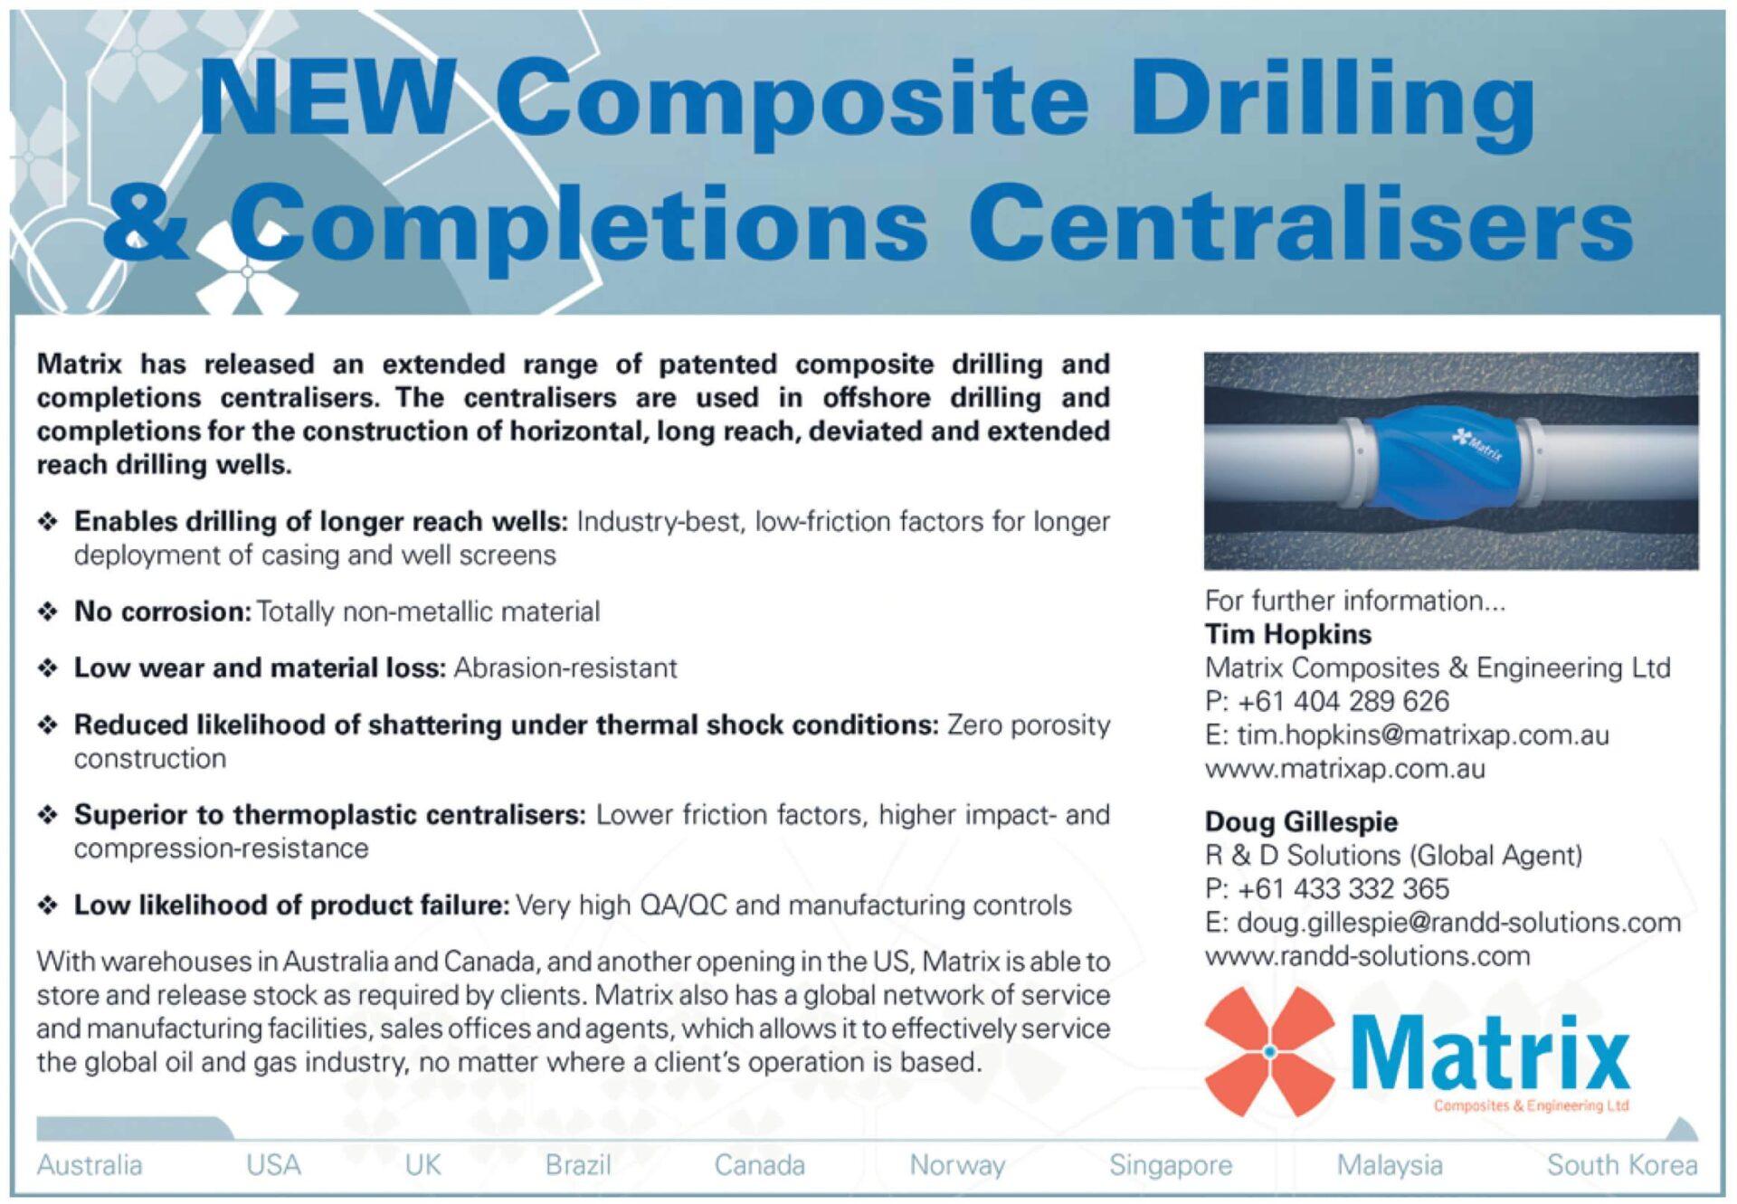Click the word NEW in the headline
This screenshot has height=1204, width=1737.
[325, 96]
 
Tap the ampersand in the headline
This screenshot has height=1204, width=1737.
[153, 221]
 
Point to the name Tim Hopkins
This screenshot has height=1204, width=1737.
[1288, 634]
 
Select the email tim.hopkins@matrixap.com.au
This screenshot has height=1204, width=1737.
[1423, 735]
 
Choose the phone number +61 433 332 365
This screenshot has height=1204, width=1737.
[1343, 888]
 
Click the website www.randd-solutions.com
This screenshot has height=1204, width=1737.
[1368, 956]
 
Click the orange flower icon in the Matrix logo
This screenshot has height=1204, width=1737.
[1270, 1052]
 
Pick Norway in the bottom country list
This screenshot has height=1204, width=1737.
[957, 1165]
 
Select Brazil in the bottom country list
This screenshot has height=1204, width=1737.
[578, 1165]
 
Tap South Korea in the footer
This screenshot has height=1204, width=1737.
[1622, 1165]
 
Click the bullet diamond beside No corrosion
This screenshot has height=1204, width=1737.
[48, 612]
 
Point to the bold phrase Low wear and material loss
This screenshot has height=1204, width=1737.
[260, 668]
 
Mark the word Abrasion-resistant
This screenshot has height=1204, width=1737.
[565, 668]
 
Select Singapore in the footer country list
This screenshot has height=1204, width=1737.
[1171, 1165]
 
